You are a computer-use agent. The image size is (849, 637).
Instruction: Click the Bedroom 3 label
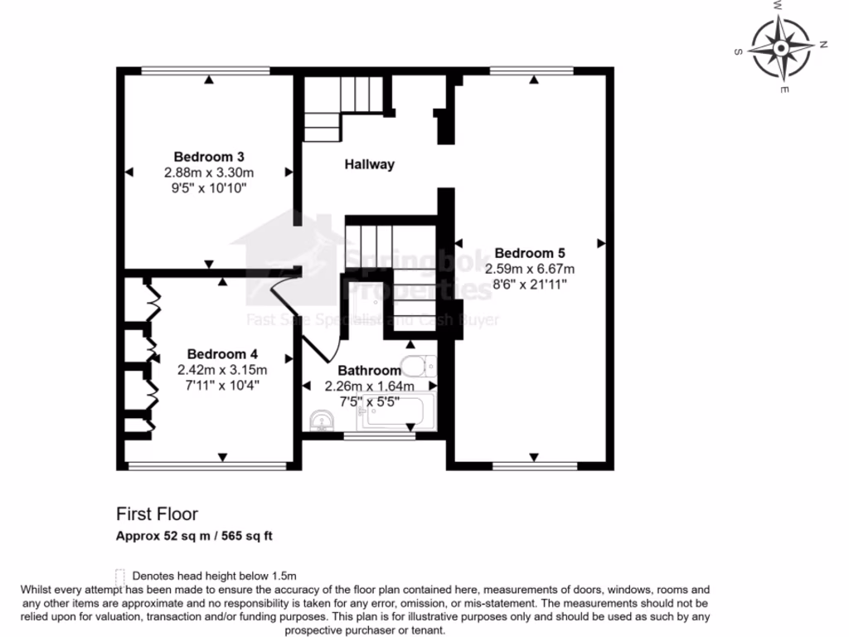coord(208,156)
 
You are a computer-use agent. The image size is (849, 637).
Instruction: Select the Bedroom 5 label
coord(530,252)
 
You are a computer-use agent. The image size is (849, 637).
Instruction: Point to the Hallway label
coord(369,164)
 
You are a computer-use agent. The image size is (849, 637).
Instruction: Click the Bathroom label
coord(369,371)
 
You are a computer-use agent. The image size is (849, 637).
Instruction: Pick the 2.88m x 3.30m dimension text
coord(208,173)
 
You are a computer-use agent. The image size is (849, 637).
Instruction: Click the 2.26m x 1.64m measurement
coord(369,386)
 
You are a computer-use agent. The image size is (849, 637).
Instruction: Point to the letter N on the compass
coord(824,44)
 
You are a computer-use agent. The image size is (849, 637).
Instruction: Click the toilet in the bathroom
coord(417,366)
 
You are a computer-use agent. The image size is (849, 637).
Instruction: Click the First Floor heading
coord(157,514)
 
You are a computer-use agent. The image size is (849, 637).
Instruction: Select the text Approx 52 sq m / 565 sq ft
coord(193,536)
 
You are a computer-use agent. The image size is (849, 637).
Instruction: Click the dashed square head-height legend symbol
coord(120,575)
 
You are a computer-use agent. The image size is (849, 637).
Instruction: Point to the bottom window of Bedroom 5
coord(533,467)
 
